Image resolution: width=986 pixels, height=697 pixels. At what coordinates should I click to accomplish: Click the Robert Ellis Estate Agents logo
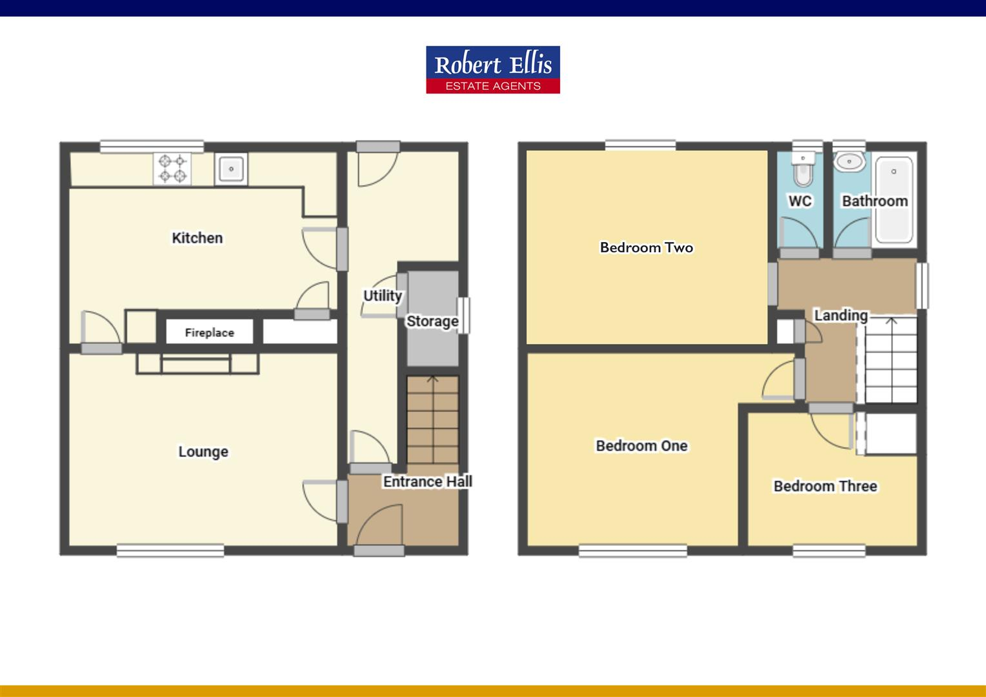(492, 70)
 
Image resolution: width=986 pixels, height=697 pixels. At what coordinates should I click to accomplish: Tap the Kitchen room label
(197, 238)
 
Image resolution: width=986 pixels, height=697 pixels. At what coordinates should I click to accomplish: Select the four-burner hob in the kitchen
(172, 168)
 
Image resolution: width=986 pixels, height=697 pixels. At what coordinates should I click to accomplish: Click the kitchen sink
(230, 169)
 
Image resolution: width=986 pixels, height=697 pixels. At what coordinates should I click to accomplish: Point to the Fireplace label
(210, 333)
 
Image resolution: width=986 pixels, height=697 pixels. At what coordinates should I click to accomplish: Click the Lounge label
(203, 452)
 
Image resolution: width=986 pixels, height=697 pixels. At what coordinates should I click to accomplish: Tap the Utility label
(382, 296)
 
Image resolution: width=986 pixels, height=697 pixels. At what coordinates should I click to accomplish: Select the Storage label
(432, 321)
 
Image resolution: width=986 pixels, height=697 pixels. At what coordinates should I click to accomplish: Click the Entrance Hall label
(427, 481)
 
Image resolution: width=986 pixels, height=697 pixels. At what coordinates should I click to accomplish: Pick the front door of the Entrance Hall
(379, 550)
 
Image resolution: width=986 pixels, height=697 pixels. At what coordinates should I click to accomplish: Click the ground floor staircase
(432, 419)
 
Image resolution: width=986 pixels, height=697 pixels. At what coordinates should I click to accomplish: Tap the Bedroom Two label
(646, 247)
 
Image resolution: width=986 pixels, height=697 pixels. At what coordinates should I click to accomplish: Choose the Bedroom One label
(641, 446)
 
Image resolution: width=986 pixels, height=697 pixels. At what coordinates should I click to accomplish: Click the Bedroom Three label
(825, 486)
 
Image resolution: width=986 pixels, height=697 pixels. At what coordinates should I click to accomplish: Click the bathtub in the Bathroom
(894, 197)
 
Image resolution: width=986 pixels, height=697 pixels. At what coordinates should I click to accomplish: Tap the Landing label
(841, 316)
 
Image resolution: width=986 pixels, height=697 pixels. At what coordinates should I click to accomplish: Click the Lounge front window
(170, 551)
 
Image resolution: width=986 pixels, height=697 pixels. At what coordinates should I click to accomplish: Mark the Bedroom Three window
(829, 551)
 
